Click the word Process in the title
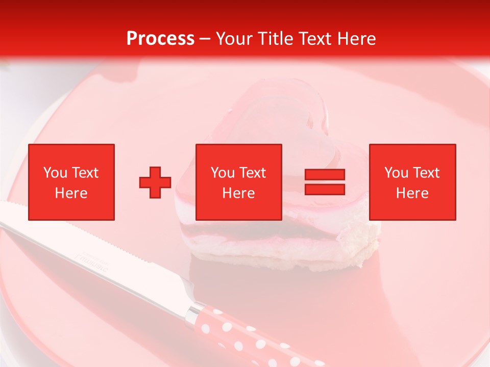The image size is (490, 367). tap(160, 39)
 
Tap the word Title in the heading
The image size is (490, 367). tap(277, 39)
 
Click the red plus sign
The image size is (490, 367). tap(155, 182)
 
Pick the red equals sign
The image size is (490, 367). tap(325, 182)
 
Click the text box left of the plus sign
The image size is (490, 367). tap(71, 182)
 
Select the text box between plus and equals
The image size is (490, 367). tap(239, 182)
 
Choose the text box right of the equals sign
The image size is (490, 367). tap(412, 182)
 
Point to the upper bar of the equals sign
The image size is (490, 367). tap(325, 175)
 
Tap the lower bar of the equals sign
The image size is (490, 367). tap(325, 189)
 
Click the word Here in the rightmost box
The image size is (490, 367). tap(412, 193)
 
